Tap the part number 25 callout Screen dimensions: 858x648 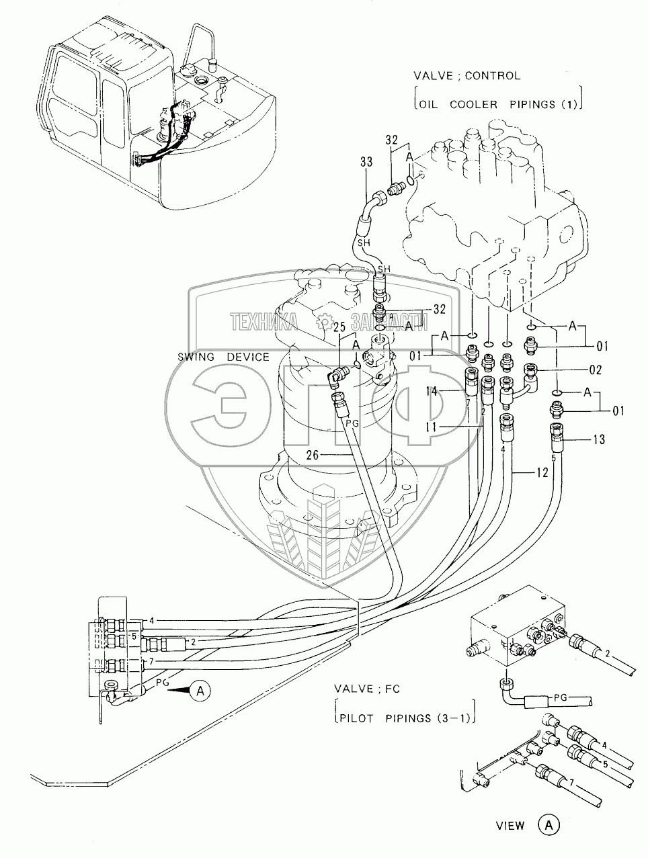tap(339, 327)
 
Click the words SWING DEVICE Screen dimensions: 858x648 tap(224, 357)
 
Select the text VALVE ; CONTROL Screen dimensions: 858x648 tap(468, 76)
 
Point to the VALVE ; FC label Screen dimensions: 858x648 tap(372, 690)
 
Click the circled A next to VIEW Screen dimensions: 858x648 tap(548, 825)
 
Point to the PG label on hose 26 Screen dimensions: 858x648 tap(353, 424)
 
